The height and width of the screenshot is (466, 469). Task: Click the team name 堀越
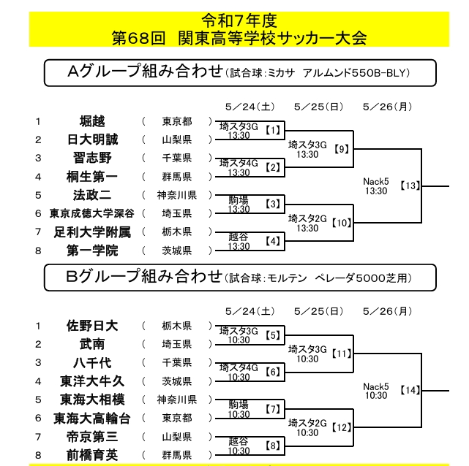[x=92, y=121]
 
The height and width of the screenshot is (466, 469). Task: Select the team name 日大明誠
[x=92, y=140]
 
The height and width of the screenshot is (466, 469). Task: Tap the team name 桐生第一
[x=92, y=177]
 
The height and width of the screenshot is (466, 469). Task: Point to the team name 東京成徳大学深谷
[x=92, y=213]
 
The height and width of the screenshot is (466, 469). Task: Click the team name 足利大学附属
[x=92, y=232]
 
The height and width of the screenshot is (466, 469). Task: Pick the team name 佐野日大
[x=92, y=326]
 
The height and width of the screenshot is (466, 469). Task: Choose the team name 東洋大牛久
[x=92, y=381]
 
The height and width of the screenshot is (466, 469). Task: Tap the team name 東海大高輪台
[x=92, y=419]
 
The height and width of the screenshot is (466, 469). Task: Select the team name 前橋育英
[x=92, y=455]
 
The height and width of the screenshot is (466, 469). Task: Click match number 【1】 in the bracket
[x=273, y=130]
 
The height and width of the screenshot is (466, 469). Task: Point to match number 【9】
[x=342, y=149]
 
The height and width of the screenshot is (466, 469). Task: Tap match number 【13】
[x=410, y=186]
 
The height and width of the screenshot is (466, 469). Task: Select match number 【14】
[x=410, y=390]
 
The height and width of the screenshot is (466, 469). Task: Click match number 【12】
[x=341, y=427]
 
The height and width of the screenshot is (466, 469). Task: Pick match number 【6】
[x=273, y=372]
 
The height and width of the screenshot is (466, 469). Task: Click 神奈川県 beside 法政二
[x=177, y=195]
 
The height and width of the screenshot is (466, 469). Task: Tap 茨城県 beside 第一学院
[x=177, y=251]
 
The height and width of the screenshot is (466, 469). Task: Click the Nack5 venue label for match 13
[x=376, y=181]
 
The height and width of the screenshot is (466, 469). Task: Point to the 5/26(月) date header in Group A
[x=388, y=107]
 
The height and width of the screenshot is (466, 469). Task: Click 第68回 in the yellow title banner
[x=138, y=38]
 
